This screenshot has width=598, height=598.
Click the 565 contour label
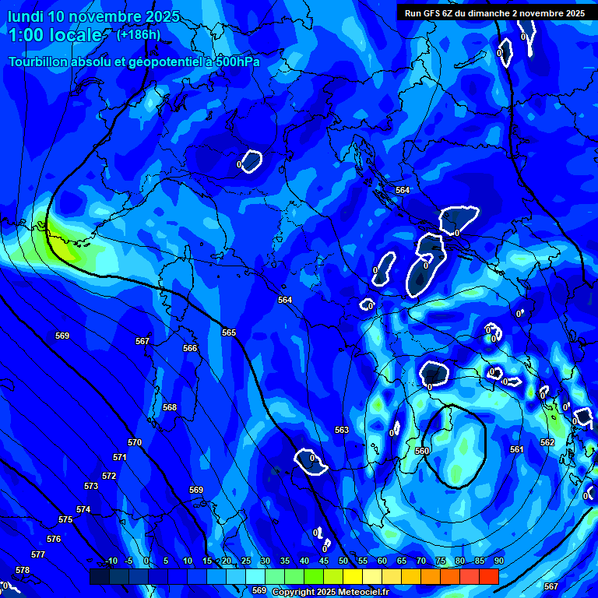pyautogui.click(x=229, y=332)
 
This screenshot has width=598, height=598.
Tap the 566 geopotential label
pyautogui.click(x=190, y=348)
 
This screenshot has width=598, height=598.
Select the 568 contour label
pyautogui.click(x=170, y=407)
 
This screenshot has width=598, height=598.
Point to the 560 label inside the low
pyautogui.click(x=422, y=451)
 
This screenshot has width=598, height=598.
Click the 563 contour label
pyautogui.click(x=342, y=430)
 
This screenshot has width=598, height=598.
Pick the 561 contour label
pyautogui.click(x=516, y=449)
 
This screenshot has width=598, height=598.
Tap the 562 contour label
pyautogui.click(x=547, y=442)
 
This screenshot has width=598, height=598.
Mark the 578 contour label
pyautogui.click(x=23, y=570)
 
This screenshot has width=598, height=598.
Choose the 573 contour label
pyautogui.click(x=91, y=486)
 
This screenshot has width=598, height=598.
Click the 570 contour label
pyautogui.click(x=135, y=442)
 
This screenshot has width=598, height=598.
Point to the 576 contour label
pyautogui.click(x=54, y=539)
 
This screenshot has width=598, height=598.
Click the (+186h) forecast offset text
pyautogui.click(x=139, y=34)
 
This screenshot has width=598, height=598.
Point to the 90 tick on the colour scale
pyautogui.click(x=498, y=561)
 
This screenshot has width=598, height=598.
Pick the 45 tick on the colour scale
pyautogui.click(x=323, y=561)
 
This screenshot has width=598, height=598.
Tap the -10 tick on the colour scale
pyautogui.click(x=110, y=561)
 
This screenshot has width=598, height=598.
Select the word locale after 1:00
pyautogui.click(x=74, y=35)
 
